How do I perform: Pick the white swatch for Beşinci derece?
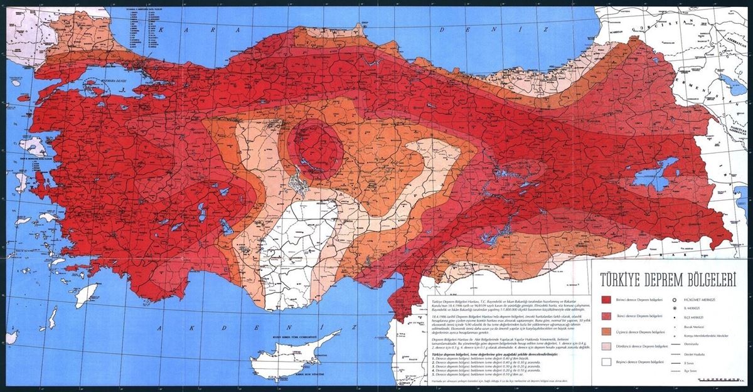point(606,363)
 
